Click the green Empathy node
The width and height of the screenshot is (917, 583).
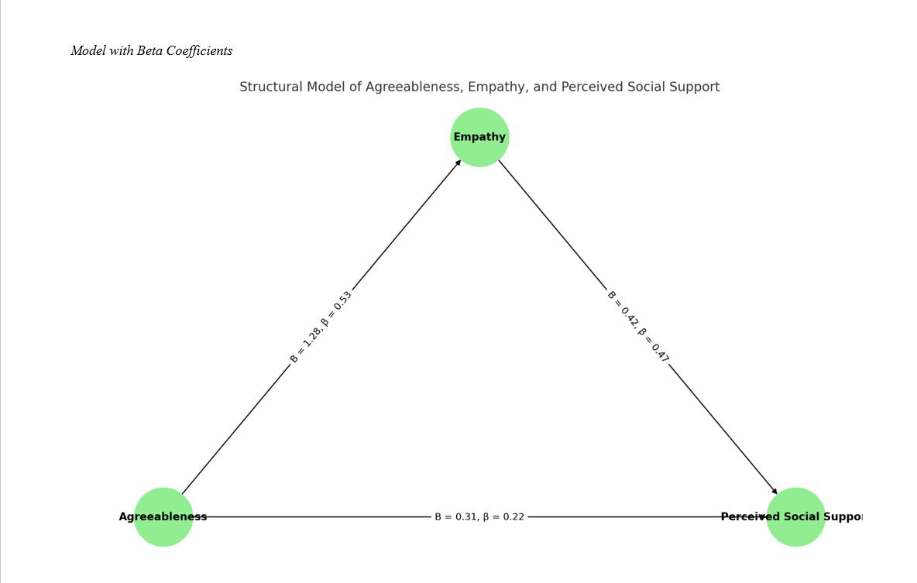[479, 137]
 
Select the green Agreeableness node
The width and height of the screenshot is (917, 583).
[163, 516]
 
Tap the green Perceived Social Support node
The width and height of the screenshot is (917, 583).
[795, 516]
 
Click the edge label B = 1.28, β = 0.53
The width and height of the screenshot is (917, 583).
[321, 328]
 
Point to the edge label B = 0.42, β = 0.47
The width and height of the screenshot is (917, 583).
[638, 327]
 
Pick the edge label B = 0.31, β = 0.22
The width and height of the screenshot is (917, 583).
[479, 516]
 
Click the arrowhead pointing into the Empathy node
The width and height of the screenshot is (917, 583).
[458, 162]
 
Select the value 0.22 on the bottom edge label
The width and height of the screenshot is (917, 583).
[512, 516]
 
